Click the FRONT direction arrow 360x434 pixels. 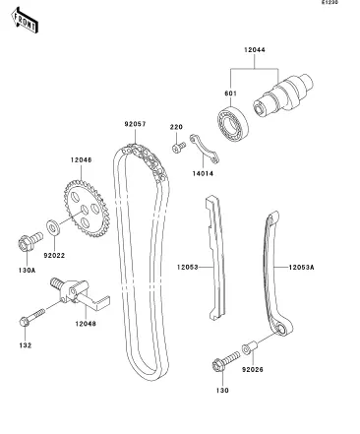click(25, 20)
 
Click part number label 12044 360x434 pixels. click(255, 50)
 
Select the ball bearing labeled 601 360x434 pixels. click(233, 124)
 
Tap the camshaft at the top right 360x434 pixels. click(283, 95)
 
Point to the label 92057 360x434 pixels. click(135, 124)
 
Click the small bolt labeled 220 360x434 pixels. click(179, 148)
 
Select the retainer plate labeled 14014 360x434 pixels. click(204, 148)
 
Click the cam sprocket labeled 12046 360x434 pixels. click(87, 208)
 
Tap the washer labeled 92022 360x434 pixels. click(53, 227)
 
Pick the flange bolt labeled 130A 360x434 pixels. click(30, 241)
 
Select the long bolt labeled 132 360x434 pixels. click(31, 317)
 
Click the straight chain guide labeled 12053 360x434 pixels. click(215, 258)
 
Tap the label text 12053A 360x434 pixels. click(301, 268)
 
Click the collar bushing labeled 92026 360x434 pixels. click(250, 347)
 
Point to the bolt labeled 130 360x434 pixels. click(225, 361)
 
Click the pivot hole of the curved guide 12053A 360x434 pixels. click(281, 329)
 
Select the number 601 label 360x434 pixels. click(230, 93)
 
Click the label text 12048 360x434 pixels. click(86, 324)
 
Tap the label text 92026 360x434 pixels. click(253, 370)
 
